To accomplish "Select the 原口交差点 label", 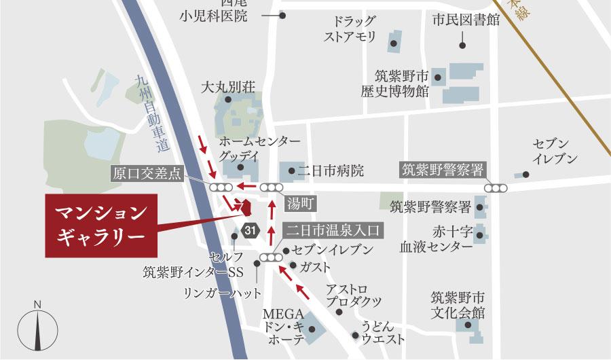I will pyautogui.click(x=147, y=173).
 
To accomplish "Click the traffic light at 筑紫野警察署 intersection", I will pyautogui.click(x=496, y=187).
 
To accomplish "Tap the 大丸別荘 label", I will pyautogui.click(x=227, y=88).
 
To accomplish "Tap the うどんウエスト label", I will pyautogui.click(x=383, y=332).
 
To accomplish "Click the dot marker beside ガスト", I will pyautogui.click(x=293, y=265).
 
